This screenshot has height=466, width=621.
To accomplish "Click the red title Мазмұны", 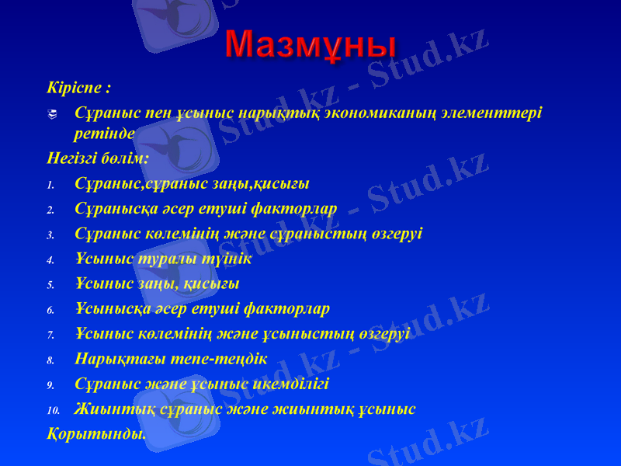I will click(x=311, y=45).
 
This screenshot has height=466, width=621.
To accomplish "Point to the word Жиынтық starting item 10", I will click(x=109, y=409).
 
